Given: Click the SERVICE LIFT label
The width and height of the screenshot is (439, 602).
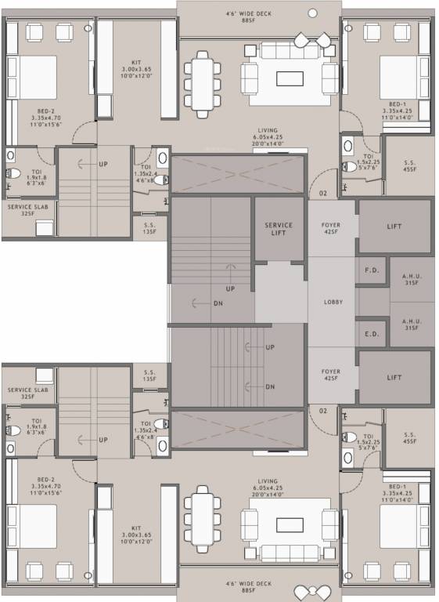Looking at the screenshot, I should (x=278, y=230).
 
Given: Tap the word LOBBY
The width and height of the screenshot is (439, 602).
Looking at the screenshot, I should (x=332, y=302).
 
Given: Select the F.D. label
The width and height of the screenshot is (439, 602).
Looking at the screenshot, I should (x=371, y=270).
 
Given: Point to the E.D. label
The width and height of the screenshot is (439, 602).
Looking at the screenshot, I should (x=371, y=332).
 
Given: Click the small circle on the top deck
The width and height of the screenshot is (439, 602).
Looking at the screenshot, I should (x=313, y=13).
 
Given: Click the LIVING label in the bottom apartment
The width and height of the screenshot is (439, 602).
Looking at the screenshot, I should (x=268, y=481).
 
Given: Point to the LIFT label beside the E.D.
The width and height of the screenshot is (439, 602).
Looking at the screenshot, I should (x=395, y=377).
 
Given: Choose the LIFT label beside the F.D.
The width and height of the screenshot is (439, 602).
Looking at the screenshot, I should (x=395, y=226).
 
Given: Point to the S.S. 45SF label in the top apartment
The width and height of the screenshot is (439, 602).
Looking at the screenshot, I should (x=408, y=165).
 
